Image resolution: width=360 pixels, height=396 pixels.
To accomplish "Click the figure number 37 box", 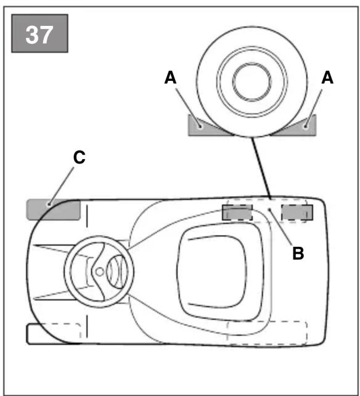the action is tap(39, 33).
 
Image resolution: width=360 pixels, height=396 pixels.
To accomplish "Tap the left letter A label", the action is tap(170, 78).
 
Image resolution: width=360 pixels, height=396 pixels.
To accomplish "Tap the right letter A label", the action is tap(327, 77).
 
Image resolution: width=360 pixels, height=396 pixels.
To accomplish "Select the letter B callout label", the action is tap(298, 253).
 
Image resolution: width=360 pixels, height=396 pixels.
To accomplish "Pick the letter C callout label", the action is tap(80, 157).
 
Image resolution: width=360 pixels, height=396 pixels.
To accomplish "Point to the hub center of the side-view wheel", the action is tap(252, 81).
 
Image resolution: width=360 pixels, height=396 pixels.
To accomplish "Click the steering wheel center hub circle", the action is tap(100, 272).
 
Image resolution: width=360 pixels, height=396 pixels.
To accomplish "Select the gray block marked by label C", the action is tap(54, 210).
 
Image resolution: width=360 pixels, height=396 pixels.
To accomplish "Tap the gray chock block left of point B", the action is tap(237, 212).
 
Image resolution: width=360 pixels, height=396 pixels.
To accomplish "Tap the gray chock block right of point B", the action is tap(297, 212).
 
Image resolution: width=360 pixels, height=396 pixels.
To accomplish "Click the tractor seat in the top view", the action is tap(218, 272).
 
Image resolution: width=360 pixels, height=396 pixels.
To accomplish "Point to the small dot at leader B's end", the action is tap(269, 209).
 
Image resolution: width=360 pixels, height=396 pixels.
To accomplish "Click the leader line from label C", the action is tap(62, 186).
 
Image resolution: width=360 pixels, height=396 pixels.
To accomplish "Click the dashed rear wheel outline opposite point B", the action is tap(267, 333).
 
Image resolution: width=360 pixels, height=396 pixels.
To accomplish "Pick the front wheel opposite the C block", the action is tap(54, 334).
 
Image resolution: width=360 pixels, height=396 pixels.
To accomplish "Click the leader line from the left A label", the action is tap(188, 107).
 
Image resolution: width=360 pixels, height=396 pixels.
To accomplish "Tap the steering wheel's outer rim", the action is tap(99, 237).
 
